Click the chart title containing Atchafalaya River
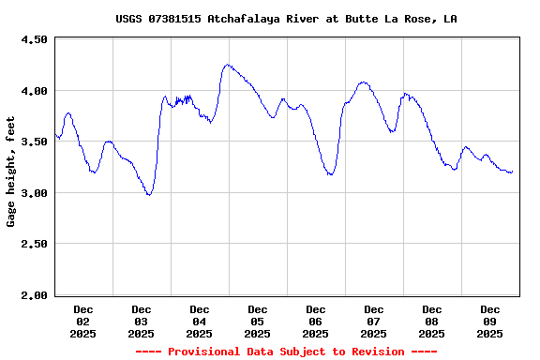coord(286,19)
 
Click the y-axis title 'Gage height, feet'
coord(11,172)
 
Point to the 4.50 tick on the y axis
coord(33,40)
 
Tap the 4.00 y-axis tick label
coord(33,91)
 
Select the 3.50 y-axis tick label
coord(33,142)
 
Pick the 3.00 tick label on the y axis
coord(33,193)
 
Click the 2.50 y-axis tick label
coord(33,245)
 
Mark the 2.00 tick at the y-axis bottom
coord(33,295)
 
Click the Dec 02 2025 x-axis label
coord(83,322)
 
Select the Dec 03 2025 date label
coord(142,322)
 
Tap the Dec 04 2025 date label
coord(200,322)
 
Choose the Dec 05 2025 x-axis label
coord(258,322)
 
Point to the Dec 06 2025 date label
coord(316,322)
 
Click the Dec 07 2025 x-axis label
coord(374,322)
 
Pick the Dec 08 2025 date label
coord(432,322)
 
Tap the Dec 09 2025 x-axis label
coord(490,322)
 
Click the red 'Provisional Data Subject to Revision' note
coord(286,352)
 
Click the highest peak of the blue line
coord(227,65)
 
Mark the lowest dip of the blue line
coord(148,194)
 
